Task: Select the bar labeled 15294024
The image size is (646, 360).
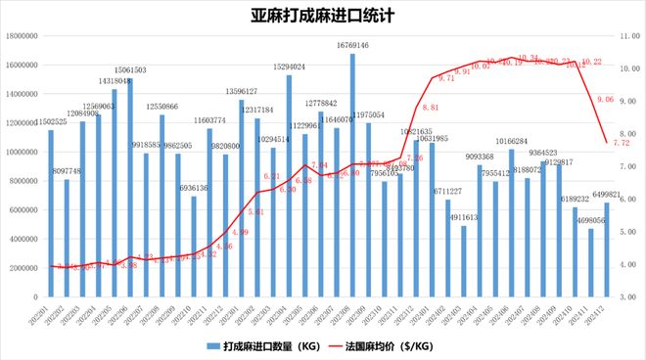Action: (x=290, y=186)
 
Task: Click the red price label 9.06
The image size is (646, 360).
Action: (x=604, y=99)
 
